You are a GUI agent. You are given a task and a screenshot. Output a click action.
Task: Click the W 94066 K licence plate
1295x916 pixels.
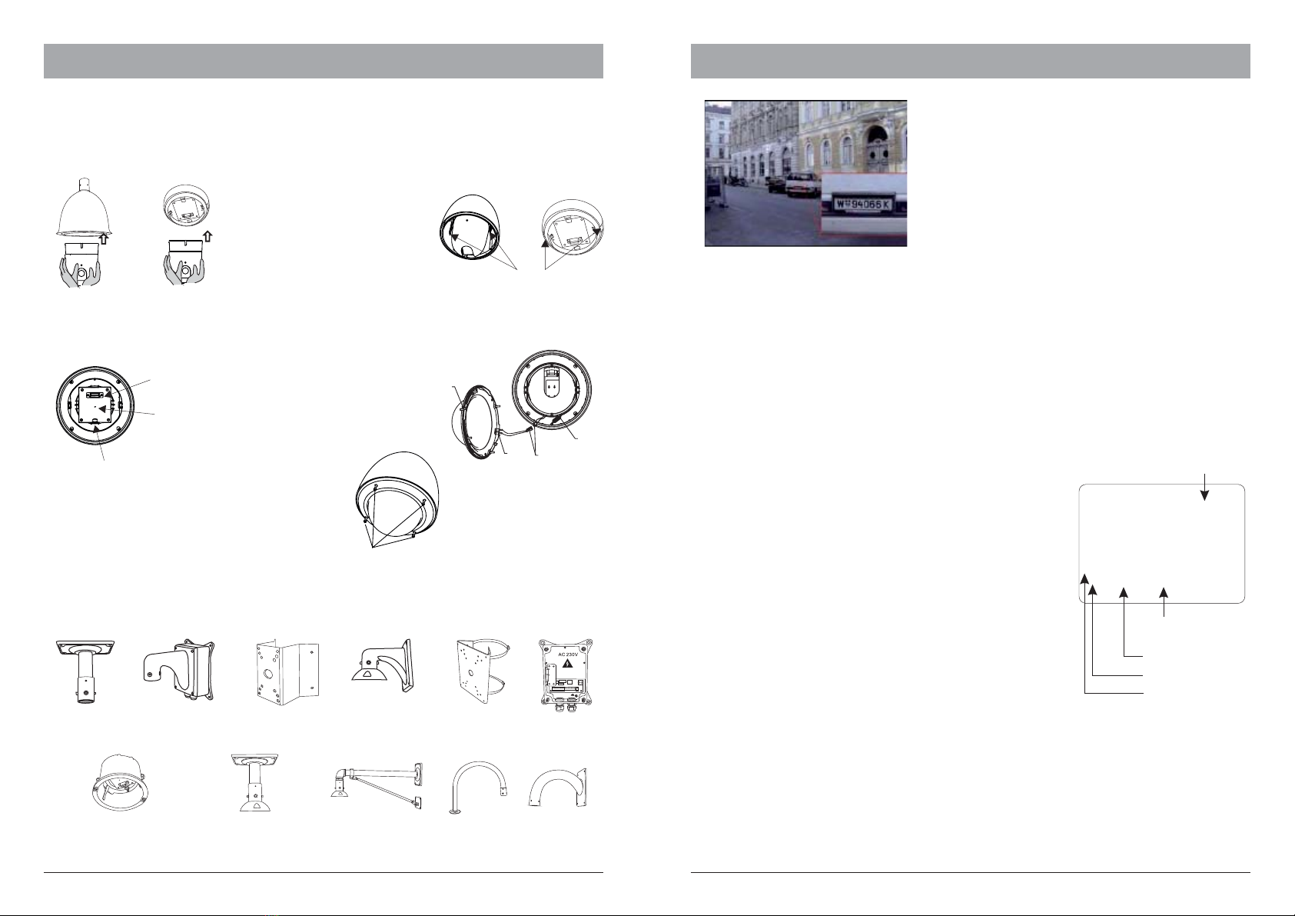(x=863, y=205)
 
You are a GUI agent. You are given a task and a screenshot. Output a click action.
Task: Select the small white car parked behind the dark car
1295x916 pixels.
(x=802, y=185)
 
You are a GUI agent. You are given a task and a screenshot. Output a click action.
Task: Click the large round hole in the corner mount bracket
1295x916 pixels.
(x=270, y=675)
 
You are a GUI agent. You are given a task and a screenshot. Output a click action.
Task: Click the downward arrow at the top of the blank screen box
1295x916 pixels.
(x=1205, y=487)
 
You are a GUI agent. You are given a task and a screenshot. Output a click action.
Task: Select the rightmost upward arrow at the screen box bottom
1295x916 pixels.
(x=1164, y=602)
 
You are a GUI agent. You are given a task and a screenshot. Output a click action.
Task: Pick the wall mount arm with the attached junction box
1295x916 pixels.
(x=179, y=670)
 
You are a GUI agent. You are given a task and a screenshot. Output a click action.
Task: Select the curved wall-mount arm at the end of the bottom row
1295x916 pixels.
(x=558, y=787)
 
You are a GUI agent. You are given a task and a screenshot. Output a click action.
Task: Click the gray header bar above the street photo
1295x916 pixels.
(x=970, y=61)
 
